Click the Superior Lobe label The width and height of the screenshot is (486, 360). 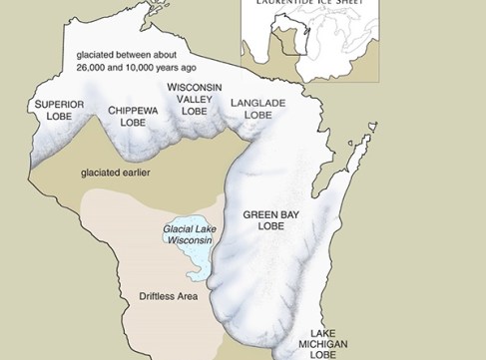pyautogui.click(x=58, y=110)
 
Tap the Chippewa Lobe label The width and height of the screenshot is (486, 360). pyautogui.click(x=134, y=116)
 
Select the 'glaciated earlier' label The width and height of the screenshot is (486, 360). pyautogui.click(x=113, y=172)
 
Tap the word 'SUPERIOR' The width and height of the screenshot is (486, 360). pyautogui.click(x=58, y=104)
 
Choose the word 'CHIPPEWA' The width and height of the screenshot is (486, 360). pyautogui.click(x=134, y=110)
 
